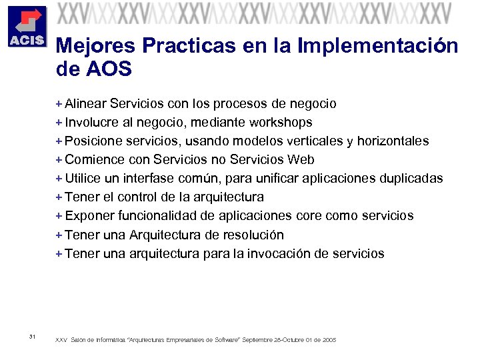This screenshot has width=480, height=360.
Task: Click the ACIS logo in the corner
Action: point(26,26)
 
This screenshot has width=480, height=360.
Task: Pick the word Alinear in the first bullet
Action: point(86,103)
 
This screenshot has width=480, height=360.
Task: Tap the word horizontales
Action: point(393,141)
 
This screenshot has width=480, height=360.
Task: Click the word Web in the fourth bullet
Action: point(301,159)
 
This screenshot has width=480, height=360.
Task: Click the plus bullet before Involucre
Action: point(59,122)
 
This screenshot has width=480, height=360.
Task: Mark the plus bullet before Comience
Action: point(59,159)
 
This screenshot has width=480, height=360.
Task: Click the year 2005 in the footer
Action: point(329,340)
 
